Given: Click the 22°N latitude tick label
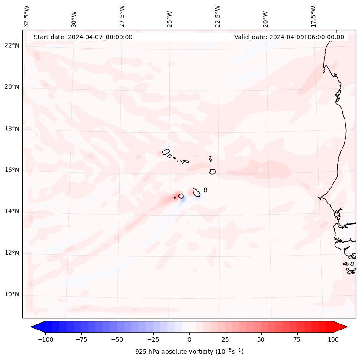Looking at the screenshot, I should coord(12,46).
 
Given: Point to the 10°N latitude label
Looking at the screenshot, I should coord(12,295).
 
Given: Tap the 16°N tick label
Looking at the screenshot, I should coord(12,170).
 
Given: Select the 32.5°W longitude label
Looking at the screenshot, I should coord(27,16).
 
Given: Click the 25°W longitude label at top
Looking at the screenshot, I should coord(170,16).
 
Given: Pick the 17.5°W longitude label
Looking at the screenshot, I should coord(313,16).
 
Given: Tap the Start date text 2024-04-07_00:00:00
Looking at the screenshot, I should coord(83,37).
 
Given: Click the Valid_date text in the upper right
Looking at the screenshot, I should coord(289,37).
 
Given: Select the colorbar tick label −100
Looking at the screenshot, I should coord(45,339).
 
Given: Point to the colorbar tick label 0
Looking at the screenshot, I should coord(189,339).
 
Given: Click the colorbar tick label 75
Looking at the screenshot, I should coord(297,339).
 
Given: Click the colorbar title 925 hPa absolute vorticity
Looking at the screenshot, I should coord(189,352).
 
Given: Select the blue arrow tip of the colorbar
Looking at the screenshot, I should coord(35,327).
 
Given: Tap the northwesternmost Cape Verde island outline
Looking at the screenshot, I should coord(166,151).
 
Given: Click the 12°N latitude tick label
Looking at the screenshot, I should coord(12,253).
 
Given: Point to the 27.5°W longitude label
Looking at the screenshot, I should coord(122,16).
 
